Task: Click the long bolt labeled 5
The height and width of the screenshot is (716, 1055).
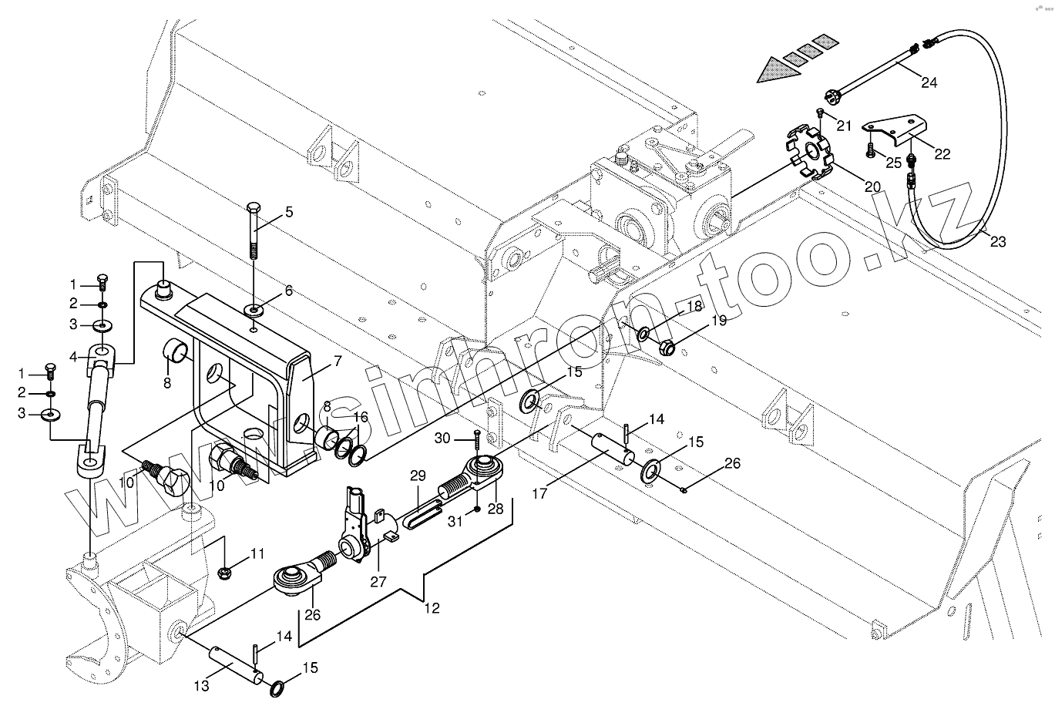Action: click(x=254, y=231)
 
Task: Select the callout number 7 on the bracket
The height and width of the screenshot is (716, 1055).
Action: click(x=338, y=360)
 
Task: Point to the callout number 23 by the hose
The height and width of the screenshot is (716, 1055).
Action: click(x=998, y=241)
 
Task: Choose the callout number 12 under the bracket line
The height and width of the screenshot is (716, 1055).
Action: click(x=432, y=608)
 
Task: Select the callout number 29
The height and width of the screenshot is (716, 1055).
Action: click(x=418, y=477)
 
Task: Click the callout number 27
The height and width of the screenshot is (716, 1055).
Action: click(x=378, y=582)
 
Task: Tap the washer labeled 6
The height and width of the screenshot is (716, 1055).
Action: click(x=254, y=310)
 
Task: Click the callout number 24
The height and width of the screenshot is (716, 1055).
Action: click(x=929, y=82)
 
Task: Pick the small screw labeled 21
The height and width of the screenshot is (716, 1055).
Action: click(x=821, y=114)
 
